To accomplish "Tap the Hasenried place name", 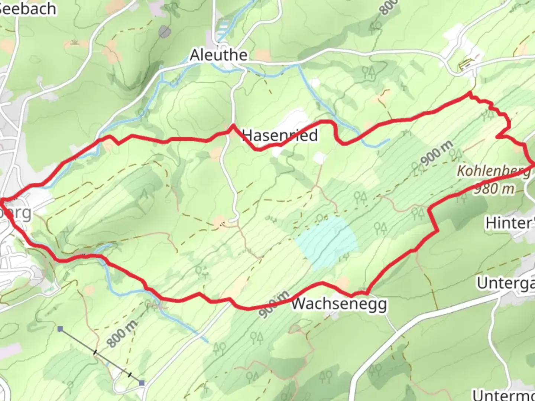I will (280, 135).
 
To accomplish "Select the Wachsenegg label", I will (339, 304).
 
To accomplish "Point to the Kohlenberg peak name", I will (493, 171).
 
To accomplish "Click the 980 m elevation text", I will (494, 189).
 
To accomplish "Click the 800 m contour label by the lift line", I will (122, 333).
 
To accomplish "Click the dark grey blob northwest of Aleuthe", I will (164, 32).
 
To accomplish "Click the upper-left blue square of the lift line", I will (61, 329).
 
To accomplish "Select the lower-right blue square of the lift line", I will (142, 383).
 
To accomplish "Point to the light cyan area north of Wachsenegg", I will (327, 241).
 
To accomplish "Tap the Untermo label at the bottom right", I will (503, 394).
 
